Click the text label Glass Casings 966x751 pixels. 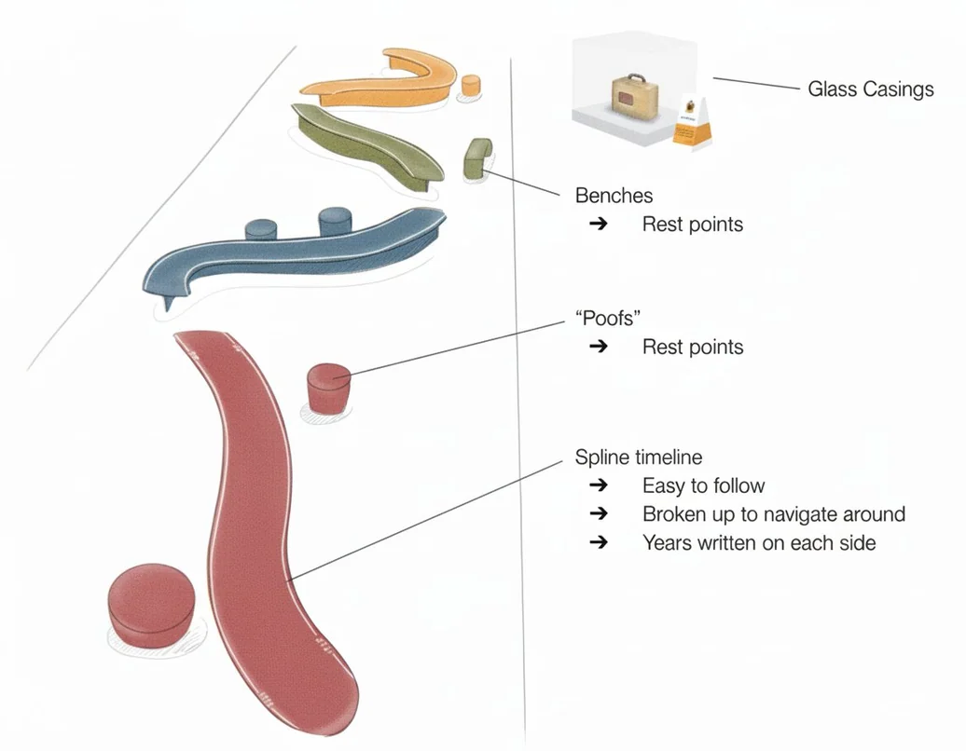point(871,89)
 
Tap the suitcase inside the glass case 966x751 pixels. point(635,95)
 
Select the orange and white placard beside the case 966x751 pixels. point(694,122)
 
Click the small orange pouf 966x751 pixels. point(471,85)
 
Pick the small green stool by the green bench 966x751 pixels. point(477,158)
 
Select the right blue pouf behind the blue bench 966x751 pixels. point(335,221)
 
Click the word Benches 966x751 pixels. point(614,196)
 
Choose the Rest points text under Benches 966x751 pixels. point(693,224)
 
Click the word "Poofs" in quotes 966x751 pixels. point(607,319)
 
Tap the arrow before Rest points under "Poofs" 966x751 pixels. point(599,346)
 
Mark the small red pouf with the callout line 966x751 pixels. point(328,389)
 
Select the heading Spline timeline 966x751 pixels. point(638,457)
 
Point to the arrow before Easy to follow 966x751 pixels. point(599,485)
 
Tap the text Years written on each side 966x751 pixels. point(759,543)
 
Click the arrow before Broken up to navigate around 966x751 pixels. point(599,513)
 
